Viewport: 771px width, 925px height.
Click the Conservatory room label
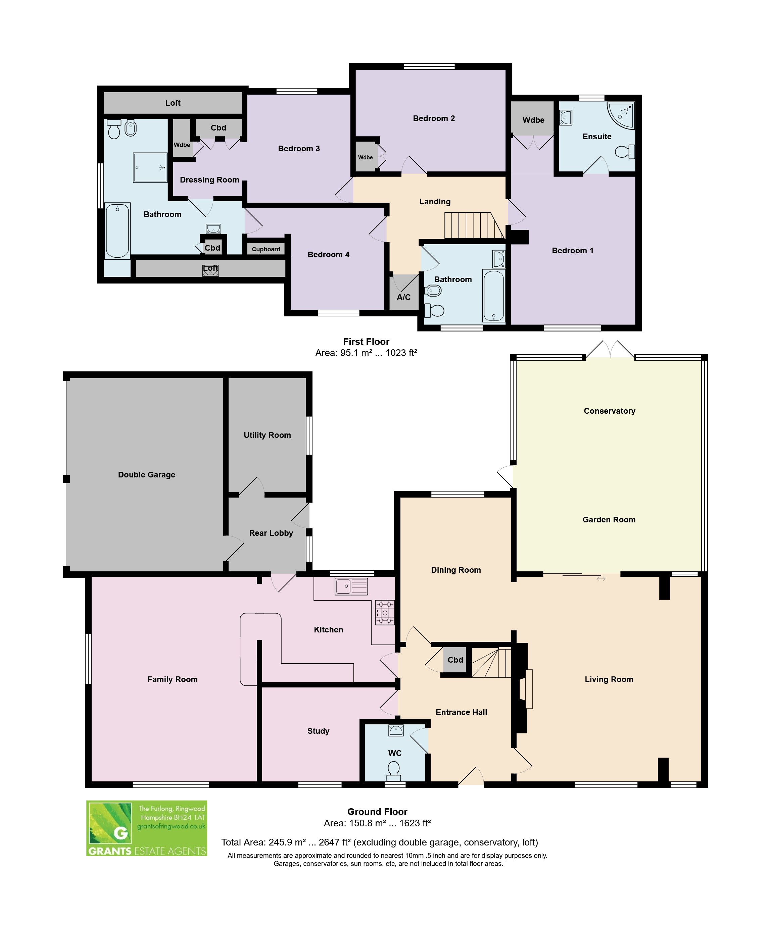(x=609, y=411)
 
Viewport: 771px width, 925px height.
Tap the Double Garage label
(x=147, y=474)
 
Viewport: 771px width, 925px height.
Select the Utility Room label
(x=268, y=435)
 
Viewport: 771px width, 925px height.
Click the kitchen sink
(x=351, y=586)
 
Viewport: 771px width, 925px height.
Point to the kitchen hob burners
(x=385, y=612)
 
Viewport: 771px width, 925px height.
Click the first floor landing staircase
(x=474, y=225)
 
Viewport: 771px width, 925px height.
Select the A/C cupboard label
(x=403, y=297)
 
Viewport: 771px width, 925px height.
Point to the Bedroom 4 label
(x=328, y=255)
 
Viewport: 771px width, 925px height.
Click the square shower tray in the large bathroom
(x=150, y=167)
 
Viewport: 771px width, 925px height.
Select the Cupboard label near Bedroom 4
(x=266, y=249)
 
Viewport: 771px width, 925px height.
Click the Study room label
(x=318, y=731)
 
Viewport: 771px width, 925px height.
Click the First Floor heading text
(x=366, y=342)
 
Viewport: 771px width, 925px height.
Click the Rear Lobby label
(x=271, y=533)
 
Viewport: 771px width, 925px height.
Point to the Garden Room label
(x=609, y=520)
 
